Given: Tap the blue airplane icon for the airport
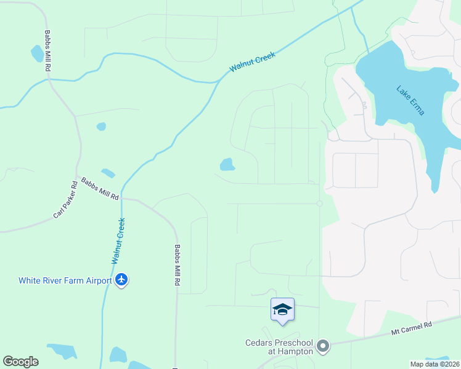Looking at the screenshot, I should pyautogui.click(x=121, y=280).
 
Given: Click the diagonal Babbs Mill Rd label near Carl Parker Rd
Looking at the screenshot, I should pyautogui.click(x=100, y=189).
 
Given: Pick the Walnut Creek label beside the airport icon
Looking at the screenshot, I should pyautogui.click(x=118, y=241).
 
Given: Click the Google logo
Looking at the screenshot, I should pyautogui.click(x=20, y=362).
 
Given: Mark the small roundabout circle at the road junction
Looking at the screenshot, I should pyautogui.click(x=319, y=204).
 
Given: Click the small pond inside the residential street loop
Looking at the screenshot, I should pyautogui.click(x=227, y=164).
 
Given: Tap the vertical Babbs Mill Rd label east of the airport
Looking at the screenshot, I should pyautogui.click(x=177, y=265).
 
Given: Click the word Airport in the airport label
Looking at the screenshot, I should pyautogui.click(x=97, y=280).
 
